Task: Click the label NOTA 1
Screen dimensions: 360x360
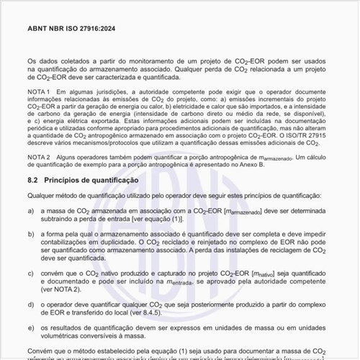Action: tap(38, 93)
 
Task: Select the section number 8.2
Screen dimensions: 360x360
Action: tap(32, 179)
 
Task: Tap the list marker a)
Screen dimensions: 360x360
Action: tap(32, 210)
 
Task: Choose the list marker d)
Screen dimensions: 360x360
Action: tap(32, 305)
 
